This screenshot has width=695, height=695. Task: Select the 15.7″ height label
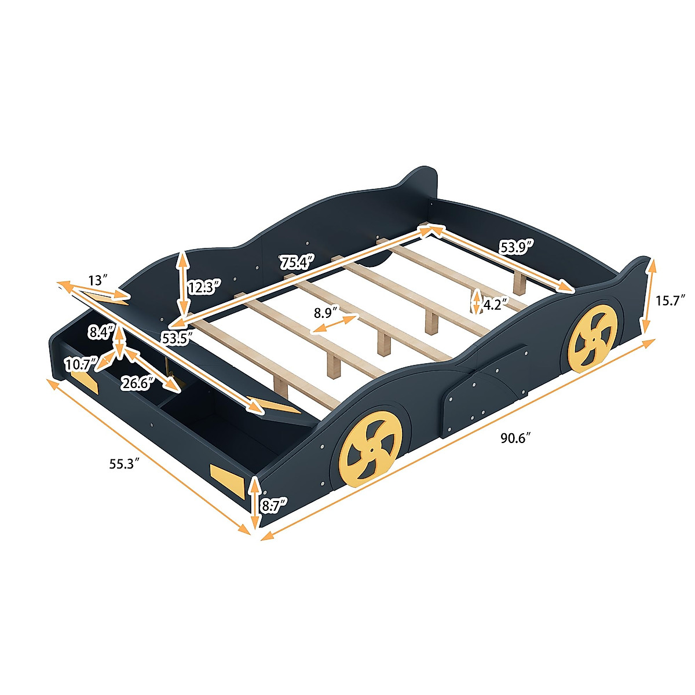click(x=671, y=300)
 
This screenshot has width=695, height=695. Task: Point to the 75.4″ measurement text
click(x=297, y=262)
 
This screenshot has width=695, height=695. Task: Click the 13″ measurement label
click(x=98, y=280)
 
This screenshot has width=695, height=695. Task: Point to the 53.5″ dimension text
click(x=177, y=338)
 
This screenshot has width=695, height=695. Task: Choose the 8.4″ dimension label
click(x=99, y=332)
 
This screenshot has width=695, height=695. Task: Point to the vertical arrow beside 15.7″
click(x=649, y=297)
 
